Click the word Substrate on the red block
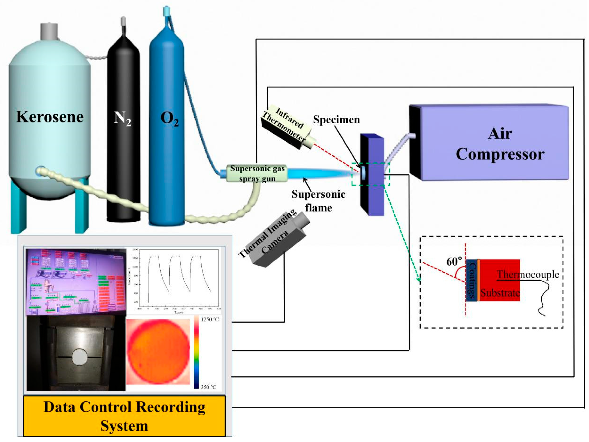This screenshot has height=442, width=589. point(500,293)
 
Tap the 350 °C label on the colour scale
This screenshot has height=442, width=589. point(208,387)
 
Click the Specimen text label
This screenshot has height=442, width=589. point(336,120)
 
